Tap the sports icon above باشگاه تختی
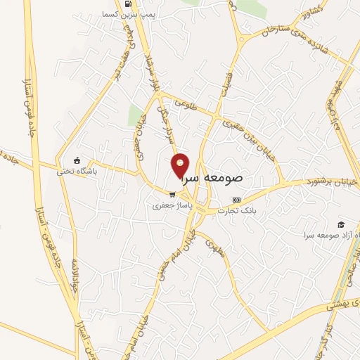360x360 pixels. click(77, 160)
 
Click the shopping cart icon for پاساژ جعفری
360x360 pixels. click(171, 195)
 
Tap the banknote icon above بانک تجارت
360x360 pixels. click(236, 200)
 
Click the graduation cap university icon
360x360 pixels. click(340, 224)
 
